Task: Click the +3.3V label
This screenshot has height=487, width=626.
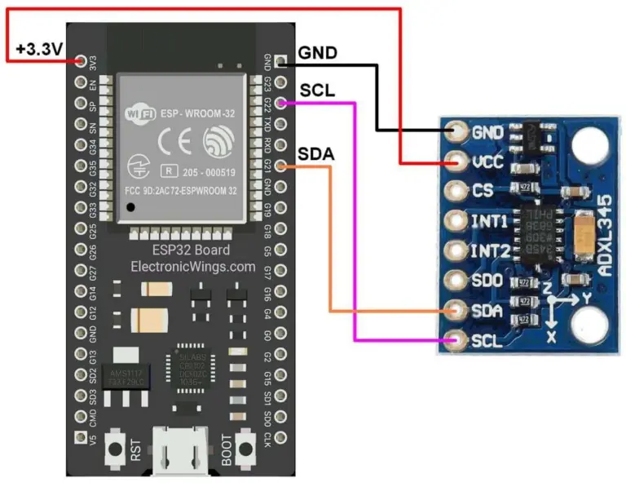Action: point(38,50)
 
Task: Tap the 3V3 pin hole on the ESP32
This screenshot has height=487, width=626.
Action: point(80,61)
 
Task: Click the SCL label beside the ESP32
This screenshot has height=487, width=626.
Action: point(317,90)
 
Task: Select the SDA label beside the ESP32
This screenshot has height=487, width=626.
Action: point(315,154)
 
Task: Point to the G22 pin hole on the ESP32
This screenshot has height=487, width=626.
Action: point(281,103)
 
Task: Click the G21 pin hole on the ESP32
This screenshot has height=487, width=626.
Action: point(281,166)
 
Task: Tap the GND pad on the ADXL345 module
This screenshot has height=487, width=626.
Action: point(456,131)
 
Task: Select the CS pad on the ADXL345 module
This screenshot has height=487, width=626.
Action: point(456,191)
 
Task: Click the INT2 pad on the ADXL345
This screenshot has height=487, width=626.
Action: point(456,250)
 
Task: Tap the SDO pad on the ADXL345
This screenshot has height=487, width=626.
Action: point(456,280)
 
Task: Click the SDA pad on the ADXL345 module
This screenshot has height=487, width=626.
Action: point(456,310)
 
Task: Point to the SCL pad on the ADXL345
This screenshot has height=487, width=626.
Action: point(456,339)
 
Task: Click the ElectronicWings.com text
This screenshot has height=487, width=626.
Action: point(180,266)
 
